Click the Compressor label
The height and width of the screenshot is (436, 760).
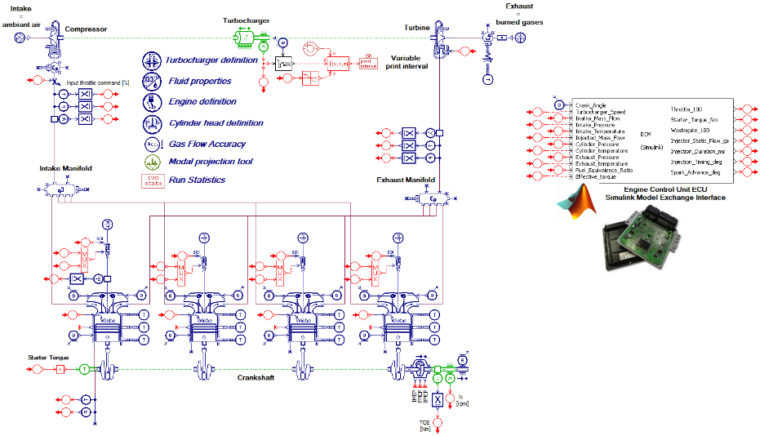point(86,29)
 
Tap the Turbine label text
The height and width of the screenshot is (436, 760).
point(416,28)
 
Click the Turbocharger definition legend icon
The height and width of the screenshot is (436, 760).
point(152,61)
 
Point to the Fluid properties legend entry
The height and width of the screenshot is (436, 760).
point(199,81)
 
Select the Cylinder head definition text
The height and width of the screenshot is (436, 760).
point(216,122)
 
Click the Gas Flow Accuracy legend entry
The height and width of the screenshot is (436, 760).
point(207,142)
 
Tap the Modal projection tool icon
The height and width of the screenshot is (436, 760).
point(151,162)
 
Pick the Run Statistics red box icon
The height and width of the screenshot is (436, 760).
point(151,180)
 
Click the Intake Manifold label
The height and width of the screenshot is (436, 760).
point(65,169)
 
